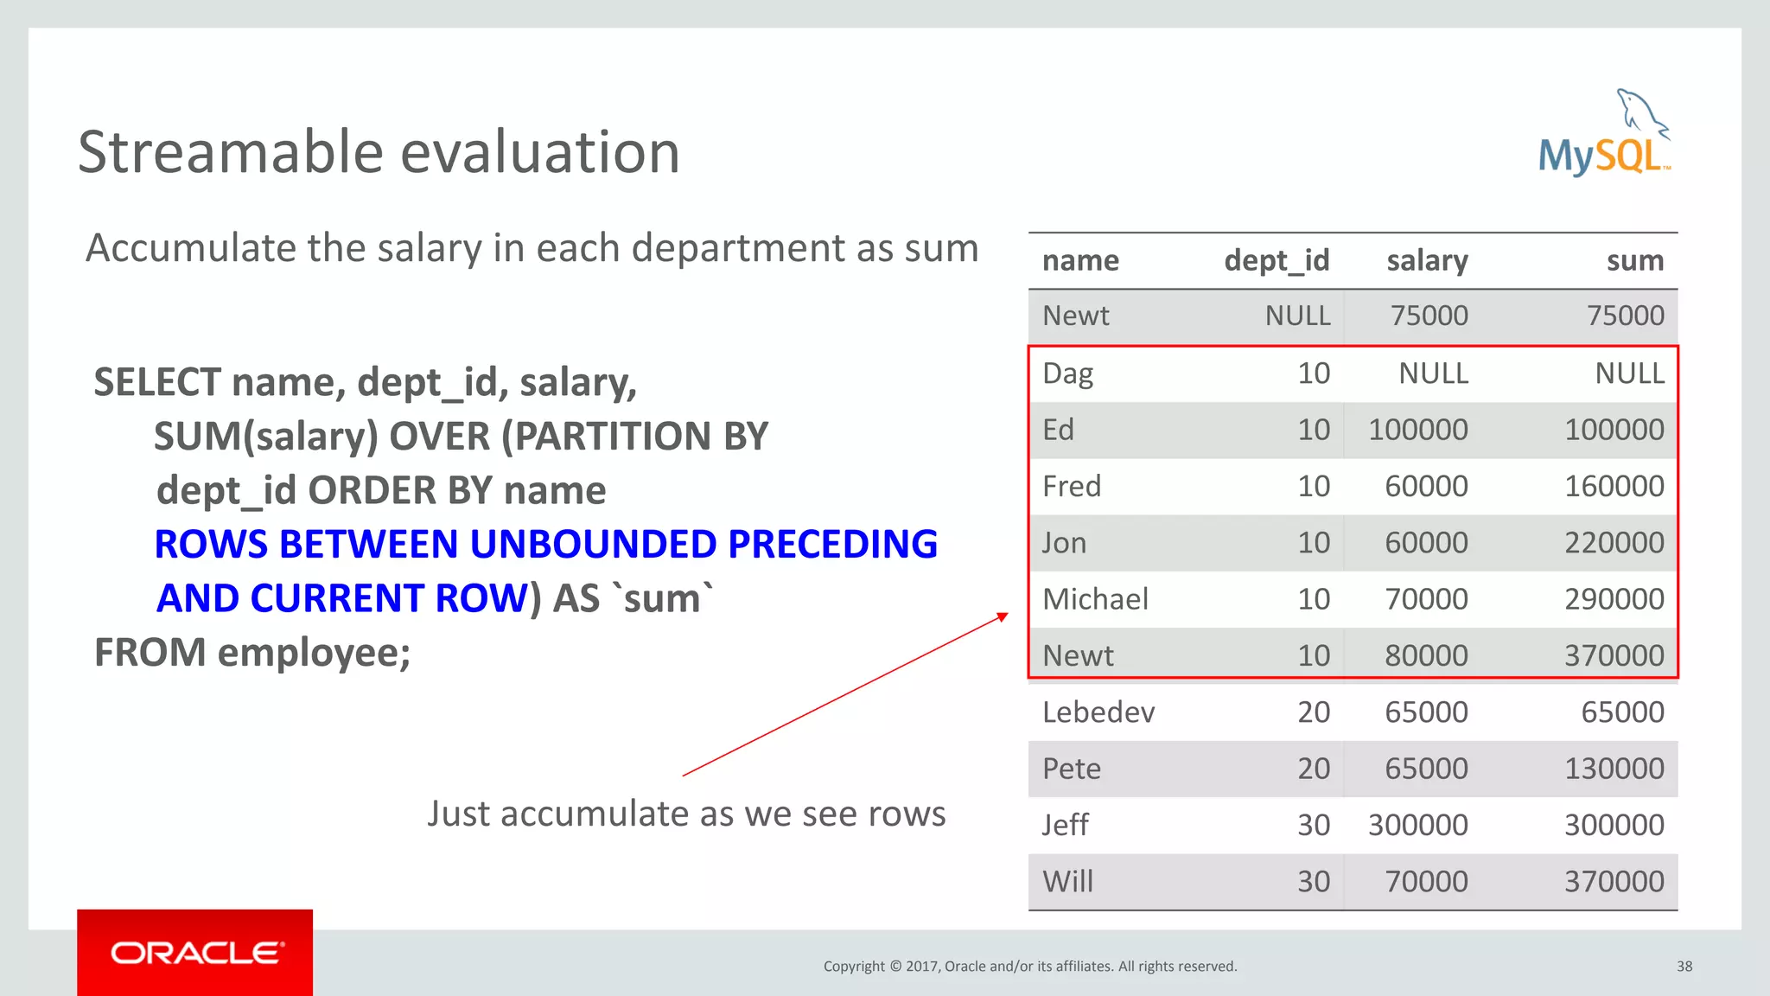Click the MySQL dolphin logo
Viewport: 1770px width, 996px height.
tap(1604, 134)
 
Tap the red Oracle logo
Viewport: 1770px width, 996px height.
tap(195, 952)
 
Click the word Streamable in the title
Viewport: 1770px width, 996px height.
tap(230, 153)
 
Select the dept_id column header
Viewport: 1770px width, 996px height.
tap(1277, 261)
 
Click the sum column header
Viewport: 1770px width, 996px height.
tap(1634, 261)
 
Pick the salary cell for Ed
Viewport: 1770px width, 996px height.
tap(1417, 430)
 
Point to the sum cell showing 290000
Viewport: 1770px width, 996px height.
tap(1614, 599)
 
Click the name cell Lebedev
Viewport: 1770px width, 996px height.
tap(1098, 712)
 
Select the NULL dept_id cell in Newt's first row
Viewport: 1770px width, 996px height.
tap(1297, 316)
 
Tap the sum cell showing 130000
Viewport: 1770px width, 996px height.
tap(1614, 769)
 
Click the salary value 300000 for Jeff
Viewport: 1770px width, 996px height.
tap(1417, 825)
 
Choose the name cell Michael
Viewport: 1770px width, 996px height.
tap(1095, 599)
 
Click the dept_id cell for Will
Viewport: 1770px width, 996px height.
tap(1313, 882)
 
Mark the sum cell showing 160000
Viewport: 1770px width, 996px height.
tap(1614, 487)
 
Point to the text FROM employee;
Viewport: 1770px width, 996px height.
tap(252, 653)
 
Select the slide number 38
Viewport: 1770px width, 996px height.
tap(1684, 967)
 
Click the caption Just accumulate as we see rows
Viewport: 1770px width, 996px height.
tap(686, 814)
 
